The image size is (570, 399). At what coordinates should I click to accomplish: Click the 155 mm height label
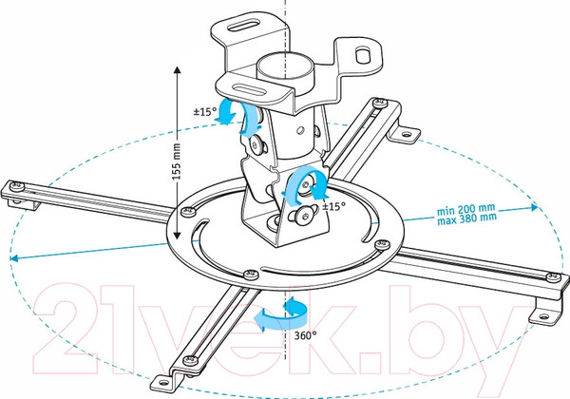click(x=177, y=161)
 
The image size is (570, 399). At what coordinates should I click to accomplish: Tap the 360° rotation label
click(x=305, y=335)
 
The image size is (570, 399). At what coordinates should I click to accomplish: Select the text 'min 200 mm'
click(x=466, y=209)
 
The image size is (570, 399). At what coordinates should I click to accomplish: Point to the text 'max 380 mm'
click(x=466, y=218)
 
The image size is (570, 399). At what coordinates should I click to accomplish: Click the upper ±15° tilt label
click(x=205, y=111)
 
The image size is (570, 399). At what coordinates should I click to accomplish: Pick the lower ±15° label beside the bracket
click(x=333, y=206)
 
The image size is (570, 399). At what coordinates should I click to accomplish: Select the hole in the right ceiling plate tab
click(x=363, y=55)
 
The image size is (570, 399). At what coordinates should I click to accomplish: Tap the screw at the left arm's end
click(x=17, y=186)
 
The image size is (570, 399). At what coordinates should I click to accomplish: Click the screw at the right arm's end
click(x=553, y=277)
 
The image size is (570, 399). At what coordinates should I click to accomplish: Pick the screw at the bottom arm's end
click(x=189, y=360)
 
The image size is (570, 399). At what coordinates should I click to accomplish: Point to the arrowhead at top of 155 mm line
click(x=177, y=70)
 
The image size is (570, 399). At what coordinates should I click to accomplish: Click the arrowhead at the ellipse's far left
click(x=14, y=258)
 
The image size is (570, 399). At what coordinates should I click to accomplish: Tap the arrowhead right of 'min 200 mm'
click(x=534, y=207)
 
